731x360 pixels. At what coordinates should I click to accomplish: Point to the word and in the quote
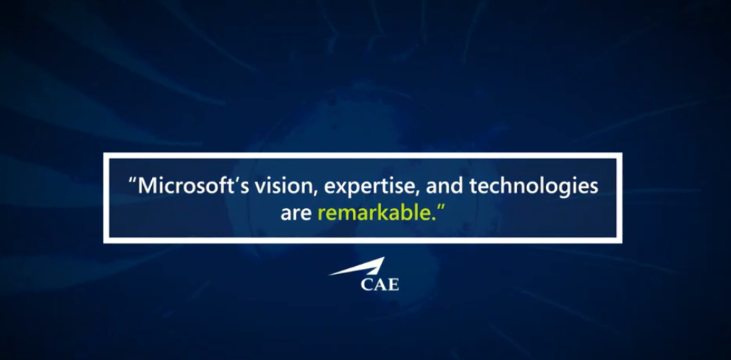443,186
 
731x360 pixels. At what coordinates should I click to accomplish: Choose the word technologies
534,187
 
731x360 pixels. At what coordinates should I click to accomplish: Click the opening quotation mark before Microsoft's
132,181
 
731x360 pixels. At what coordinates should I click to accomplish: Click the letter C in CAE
367,284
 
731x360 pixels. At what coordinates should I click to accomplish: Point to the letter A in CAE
380,284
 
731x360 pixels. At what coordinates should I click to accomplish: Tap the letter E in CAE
393,284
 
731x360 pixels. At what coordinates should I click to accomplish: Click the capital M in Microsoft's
147,186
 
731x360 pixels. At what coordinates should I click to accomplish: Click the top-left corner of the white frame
104,153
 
